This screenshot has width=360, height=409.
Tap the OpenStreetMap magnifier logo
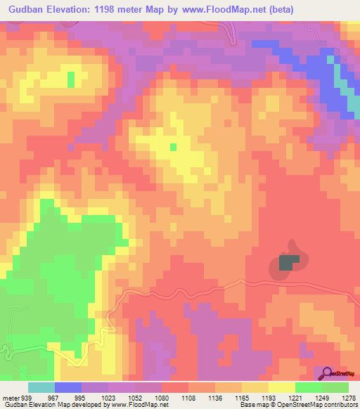(328, 373)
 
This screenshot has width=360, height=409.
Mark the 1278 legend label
(347, 398)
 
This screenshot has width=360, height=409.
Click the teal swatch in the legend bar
(41, 387)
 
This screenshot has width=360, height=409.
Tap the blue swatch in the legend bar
(68, 387)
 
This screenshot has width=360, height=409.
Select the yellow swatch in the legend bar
(281, 387)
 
